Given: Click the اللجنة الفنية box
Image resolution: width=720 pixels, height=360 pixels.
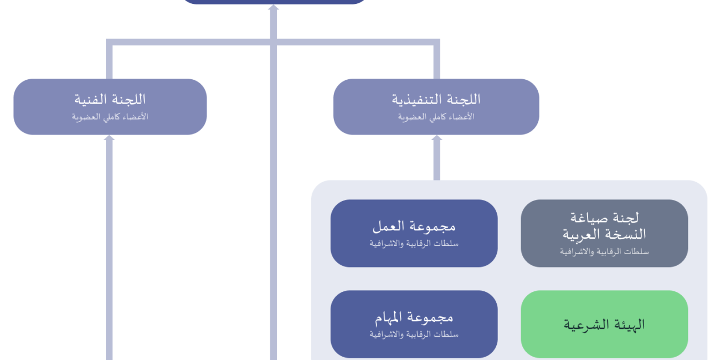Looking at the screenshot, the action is point(110,107).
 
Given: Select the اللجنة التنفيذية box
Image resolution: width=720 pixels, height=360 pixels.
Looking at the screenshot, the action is point(436,107).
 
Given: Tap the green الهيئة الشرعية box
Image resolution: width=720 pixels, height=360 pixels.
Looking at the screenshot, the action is point(604,324).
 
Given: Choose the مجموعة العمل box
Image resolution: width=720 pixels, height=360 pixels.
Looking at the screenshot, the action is point(414,233).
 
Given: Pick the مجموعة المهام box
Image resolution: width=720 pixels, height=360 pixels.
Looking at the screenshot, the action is point(414,324).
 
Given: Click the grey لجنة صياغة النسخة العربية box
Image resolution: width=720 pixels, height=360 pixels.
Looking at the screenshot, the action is point(604,233).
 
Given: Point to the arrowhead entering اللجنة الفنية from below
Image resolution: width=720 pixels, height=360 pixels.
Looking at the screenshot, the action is point(109,137).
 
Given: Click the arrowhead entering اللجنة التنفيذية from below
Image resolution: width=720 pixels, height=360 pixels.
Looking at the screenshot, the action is point(437,137).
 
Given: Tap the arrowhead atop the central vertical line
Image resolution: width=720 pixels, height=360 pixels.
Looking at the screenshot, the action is point(274,7).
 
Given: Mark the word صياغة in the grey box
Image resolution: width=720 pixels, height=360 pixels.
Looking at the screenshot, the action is point(587,218).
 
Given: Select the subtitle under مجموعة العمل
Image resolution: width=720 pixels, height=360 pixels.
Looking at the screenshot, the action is point(414,244).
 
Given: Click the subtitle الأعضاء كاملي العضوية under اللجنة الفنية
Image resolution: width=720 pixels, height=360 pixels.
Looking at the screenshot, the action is point(110,117).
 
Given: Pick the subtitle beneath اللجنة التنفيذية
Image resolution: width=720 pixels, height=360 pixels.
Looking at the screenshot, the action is point(436,117).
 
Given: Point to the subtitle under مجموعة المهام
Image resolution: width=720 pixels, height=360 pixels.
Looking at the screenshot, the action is point(414,335).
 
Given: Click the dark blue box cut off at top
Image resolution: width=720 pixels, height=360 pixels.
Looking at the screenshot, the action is point(274,2).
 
